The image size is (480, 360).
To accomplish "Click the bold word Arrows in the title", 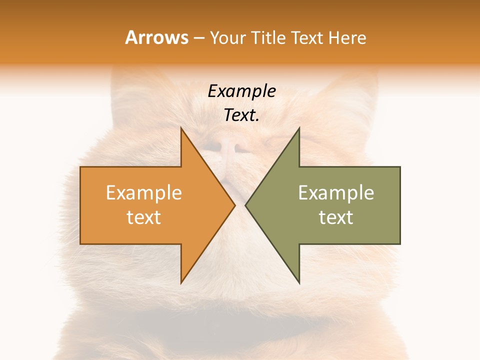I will click(x=156, y=37).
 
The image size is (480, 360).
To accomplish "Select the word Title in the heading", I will click(x=268, y=37).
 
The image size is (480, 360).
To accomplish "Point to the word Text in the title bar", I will click(x=308, y=37).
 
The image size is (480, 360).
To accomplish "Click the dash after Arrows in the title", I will click(x=198, y=38).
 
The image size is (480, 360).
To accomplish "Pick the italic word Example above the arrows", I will click(x=241, y=91).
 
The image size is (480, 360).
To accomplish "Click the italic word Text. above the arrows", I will click(x=241, y=115).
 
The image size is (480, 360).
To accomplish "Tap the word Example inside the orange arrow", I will click(x=144, y=193).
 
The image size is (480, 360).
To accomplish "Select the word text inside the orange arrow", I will click(x=144, y=217).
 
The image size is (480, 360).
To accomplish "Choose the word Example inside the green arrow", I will click(x=336, y=193).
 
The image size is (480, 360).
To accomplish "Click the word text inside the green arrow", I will click(x=336, y=217).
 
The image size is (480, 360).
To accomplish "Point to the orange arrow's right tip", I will click(x=234, y=205).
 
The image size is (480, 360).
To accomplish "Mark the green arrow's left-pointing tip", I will click(x=245, y=205).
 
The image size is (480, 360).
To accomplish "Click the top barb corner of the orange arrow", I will click(x=181, y=128).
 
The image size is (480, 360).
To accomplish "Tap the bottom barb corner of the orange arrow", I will click(x=181, y=283).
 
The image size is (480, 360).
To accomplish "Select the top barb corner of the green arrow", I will click(x=299, y=128).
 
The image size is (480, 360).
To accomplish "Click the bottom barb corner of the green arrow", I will click(x=299, y=283).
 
